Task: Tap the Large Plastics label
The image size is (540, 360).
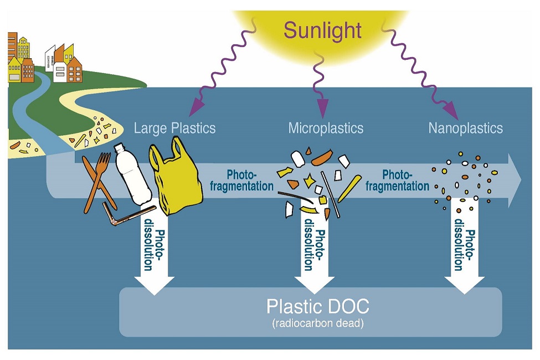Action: pos(174,128)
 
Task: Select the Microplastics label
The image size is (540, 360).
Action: pos(326,128)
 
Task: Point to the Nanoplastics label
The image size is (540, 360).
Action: pos(465,128)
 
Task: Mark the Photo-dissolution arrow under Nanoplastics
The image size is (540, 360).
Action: pos(464,249)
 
